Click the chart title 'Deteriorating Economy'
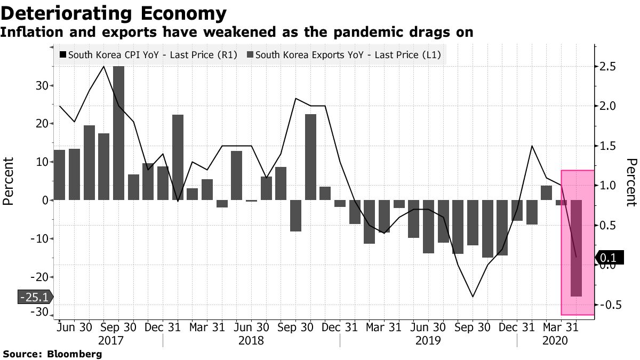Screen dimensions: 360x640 pos(113,13)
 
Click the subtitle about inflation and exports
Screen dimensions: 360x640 pos(237,33)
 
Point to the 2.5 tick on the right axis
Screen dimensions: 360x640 pos(607,67)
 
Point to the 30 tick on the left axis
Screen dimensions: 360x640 pos(42,85)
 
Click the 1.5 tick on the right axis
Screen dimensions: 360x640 pos(607,146)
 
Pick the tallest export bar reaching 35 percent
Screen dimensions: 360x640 pos(119,133)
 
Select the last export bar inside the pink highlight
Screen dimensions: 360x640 pos(577,248)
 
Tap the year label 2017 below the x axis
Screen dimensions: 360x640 pos(108,340)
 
